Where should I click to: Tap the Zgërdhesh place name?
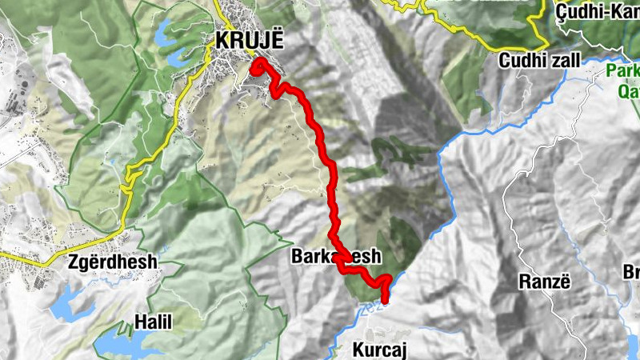[x=113, y=262]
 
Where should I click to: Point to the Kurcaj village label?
[x=380, y=349]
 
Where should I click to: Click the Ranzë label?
[x=542, y=282]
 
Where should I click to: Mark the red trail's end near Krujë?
[x=258, y=64]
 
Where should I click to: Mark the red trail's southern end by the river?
[x=385, y=300]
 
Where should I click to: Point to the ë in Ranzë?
[x=565, y=282]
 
